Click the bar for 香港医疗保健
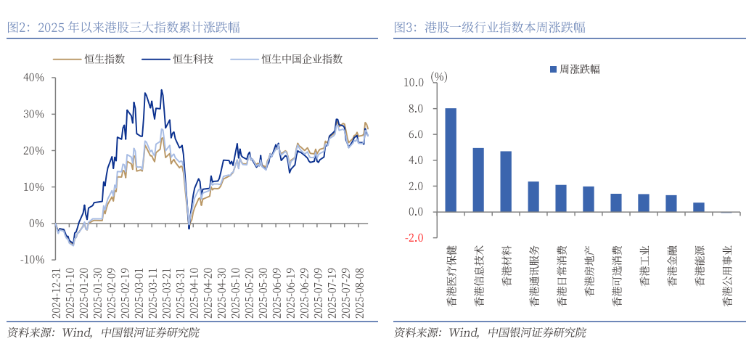point(451,160)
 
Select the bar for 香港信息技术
point(478,180)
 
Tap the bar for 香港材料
point(506,181)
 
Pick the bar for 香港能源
point(699,207)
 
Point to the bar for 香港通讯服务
point(533,197)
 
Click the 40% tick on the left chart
point(34,77)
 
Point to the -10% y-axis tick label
point(33,260)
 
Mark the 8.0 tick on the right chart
point(414,109)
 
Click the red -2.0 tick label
point(414,238)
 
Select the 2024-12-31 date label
point(55,291)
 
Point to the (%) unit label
point(439,75)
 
